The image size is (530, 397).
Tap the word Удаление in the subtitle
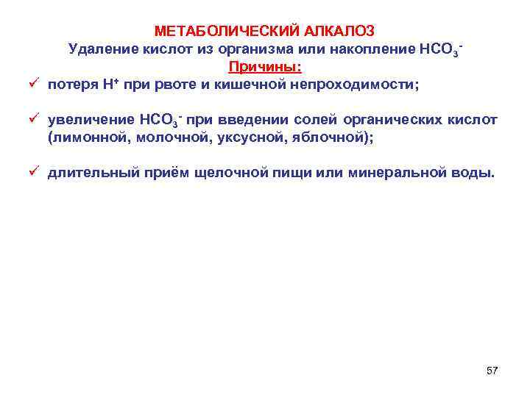(x=97, y=49)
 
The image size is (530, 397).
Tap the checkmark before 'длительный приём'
(x=33, y=172)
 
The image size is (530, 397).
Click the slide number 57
(x=492, y=371)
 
